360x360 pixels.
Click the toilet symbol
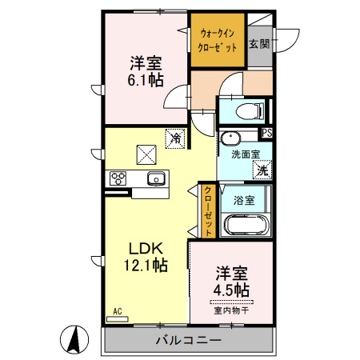coord(250,111)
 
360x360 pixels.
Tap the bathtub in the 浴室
coord(246,225)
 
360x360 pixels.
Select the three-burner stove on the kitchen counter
coord(118,178)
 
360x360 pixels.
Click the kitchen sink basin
coord(156,178)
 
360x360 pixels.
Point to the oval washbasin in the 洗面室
coord(230,138)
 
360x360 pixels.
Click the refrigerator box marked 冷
coord(175,138)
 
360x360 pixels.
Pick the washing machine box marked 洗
coord(262,170)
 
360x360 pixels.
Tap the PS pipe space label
coord(267,134)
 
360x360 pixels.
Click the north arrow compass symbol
coord(74,339)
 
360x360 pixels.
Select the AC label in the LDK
coord(118,311)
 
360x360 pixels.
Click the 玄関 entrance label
coord(259,44)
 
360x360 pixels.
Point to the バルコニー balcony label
coord(189,340)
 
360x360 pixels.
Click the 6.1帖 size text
coord(146,80)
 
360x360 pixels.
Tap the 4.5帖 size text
coord(231,290)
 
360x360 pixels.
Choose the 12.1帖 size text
coord(146,265)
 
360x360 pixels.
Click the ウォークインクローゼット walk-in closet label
coord(218,41)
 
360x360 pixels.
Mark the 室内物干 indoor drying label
coord(231,310)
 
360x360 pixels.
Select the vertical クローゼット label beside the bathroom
coord(208,210)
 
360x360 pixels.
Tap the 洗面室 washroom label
coord(246,154)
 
